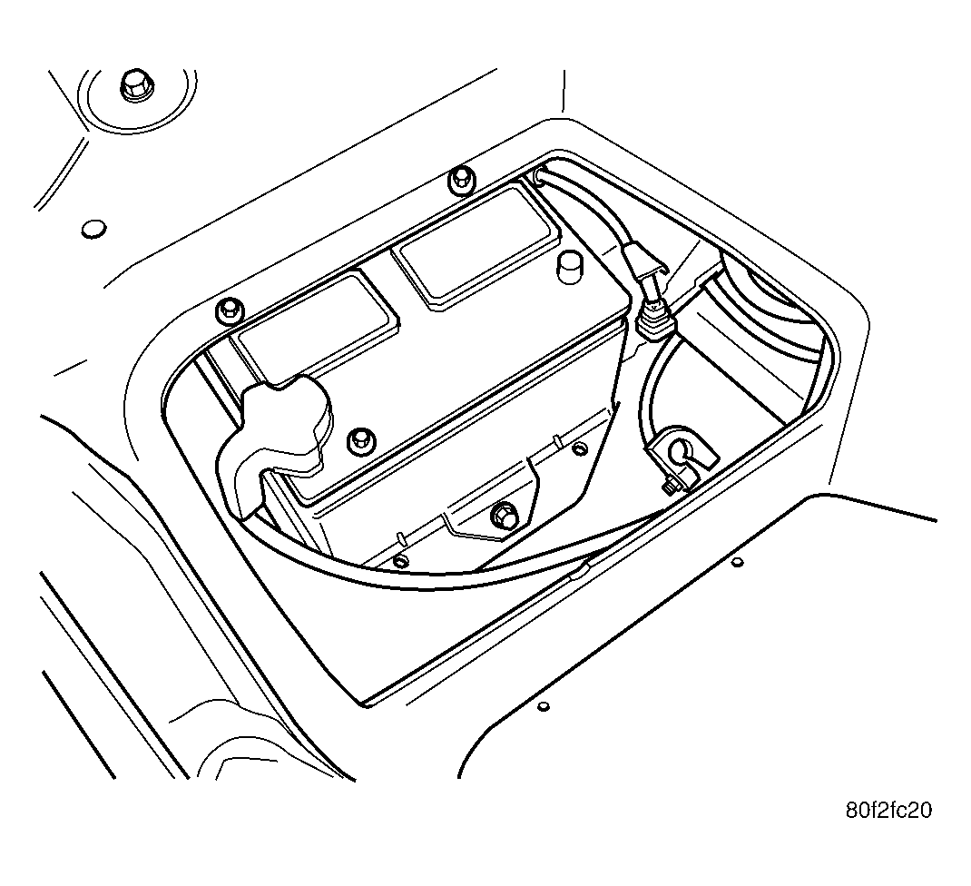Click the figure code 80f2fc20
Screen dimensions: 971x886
coord(888,811)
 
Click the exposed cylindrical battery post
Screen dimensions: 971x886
coord(568,267)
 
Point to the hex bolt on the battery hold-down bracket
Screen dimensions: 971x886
coord(504,515)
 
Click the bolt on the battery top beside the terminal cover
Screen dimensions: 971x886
coord(359,439)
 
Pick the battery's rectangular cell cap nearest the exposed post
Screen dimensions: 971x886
coord(476,248)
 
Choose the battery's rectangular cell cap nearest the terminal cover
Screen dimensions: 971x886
coord(315,327)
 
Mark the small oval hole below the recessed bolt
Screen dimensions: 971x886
coord(93,228)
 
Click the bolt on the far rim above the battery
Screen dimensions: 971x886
coord(461,181)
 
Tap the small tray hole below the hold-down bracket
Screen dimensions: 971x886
coord(401,561)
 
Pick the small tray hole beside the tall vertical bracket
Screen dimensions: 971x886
coord(580,448)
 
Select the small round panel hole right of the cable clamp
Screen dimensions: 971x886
coord(737,563)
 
